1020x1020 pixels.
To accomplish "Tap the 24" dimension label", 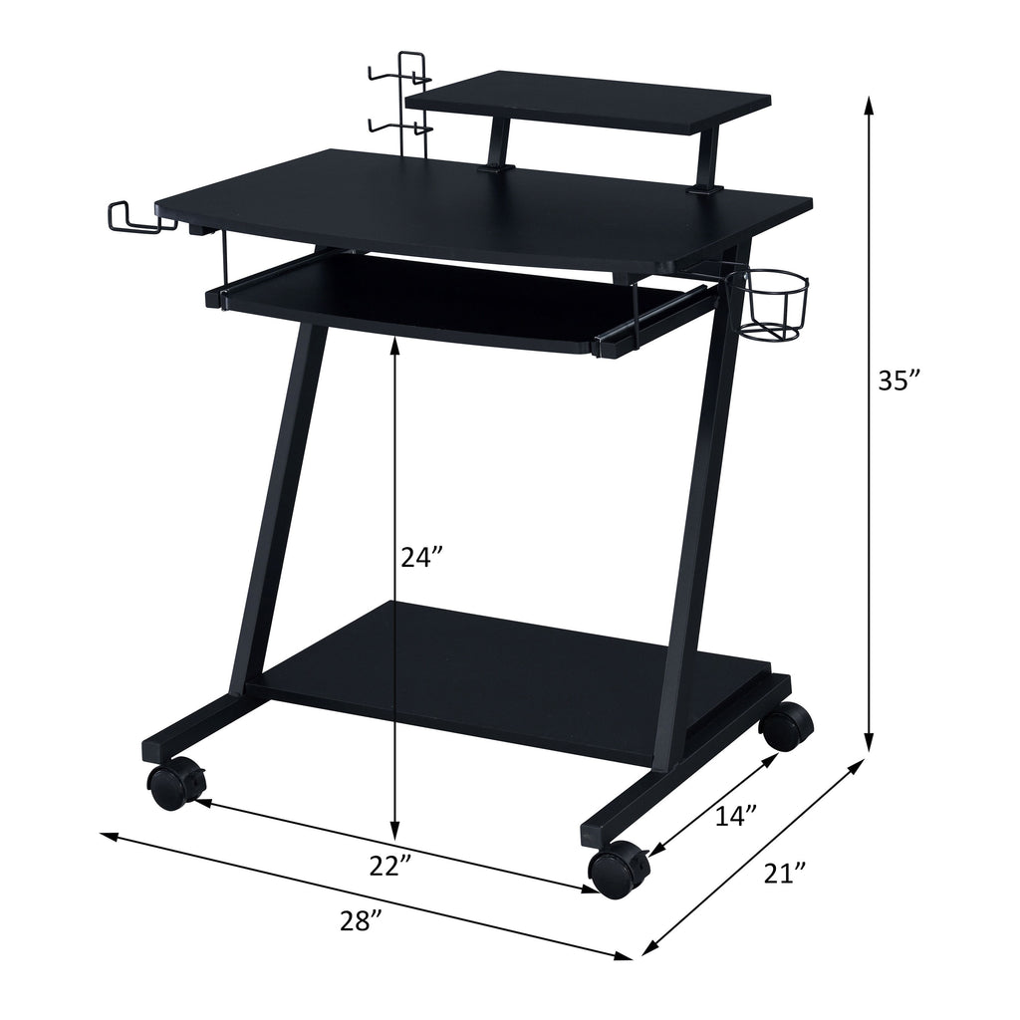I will point(422,559).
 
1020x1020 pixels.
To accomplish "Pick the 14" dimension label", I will point(737,816).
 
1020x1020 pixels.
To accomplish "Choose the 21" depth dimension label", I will point(785,874).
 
